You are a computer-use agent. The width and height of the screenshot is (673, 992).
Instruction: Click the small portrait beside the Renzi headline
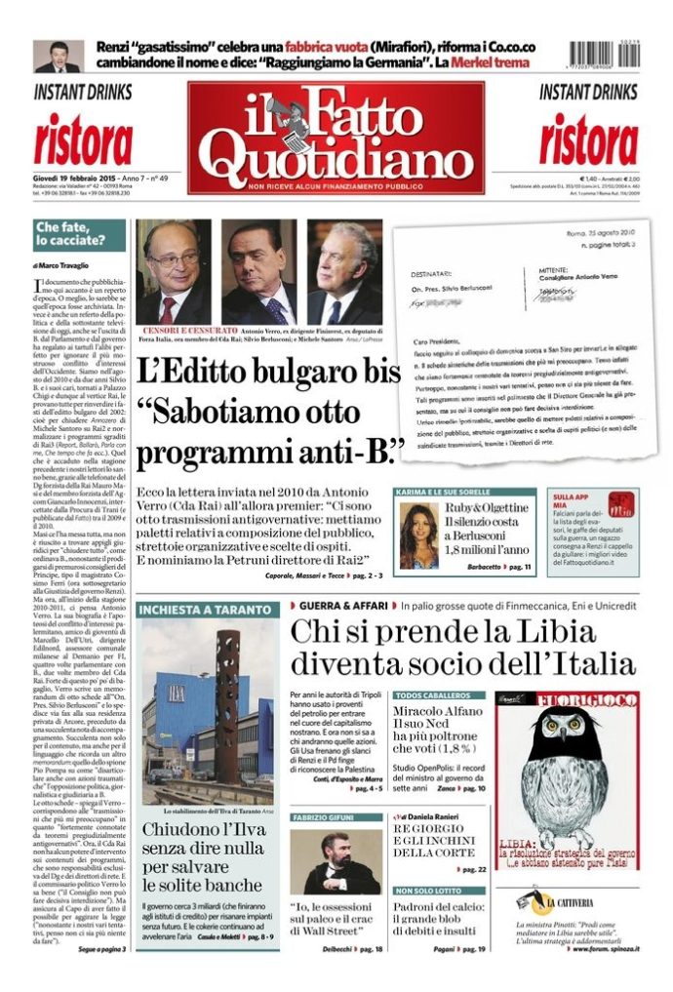[x=58, y=57]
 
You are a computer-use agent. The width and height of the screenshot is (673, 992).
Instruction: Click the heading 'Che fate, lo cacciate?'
[x=67, y=234]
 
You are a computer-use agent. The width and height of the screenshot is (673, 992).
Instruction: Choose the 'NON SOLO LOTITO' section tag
[x=429, y=891]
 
